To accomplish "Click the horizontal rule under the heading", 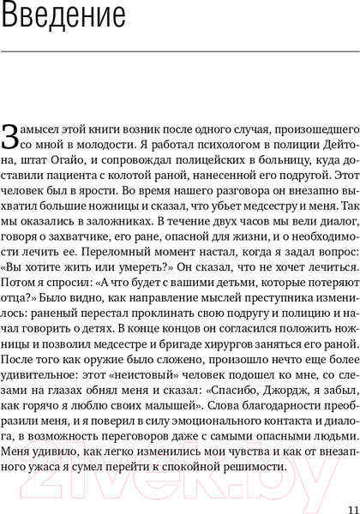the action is coord(180,52).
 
